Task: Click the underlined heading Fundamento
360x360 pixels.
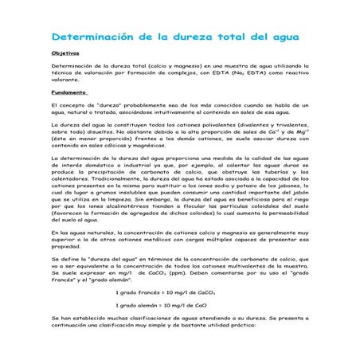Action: click(68, 92)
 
